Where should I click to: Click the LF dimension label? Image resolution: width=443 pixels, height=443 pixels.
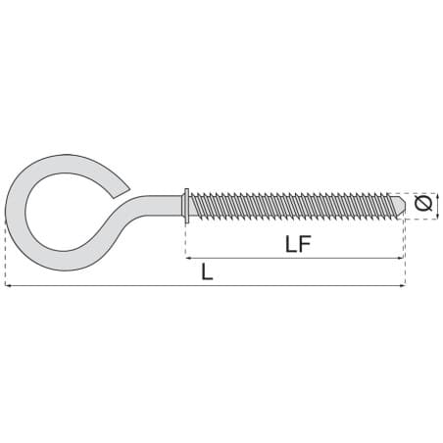click(298, 244)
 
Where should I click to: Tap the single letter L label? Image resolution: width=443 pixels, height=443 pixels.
click(207, 271)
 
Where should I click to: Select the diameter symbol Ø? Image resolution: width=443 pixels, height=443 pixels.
click(423, 203)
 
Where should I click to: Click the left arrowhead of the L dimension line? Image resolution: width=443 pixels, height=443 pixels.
click(9, 286)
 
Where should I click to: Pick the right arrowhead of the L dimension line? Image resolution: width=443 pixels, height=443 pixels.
click(402, 286)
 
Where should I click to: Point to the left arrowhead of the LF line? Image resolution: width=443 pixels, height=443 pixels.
click(189, 258)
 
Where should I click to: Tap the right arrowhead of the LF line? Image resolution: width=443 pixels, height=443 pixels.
click(399, 258)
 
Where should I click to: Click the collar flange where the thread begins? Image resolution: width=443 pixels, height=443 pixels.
click(186, 206)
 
